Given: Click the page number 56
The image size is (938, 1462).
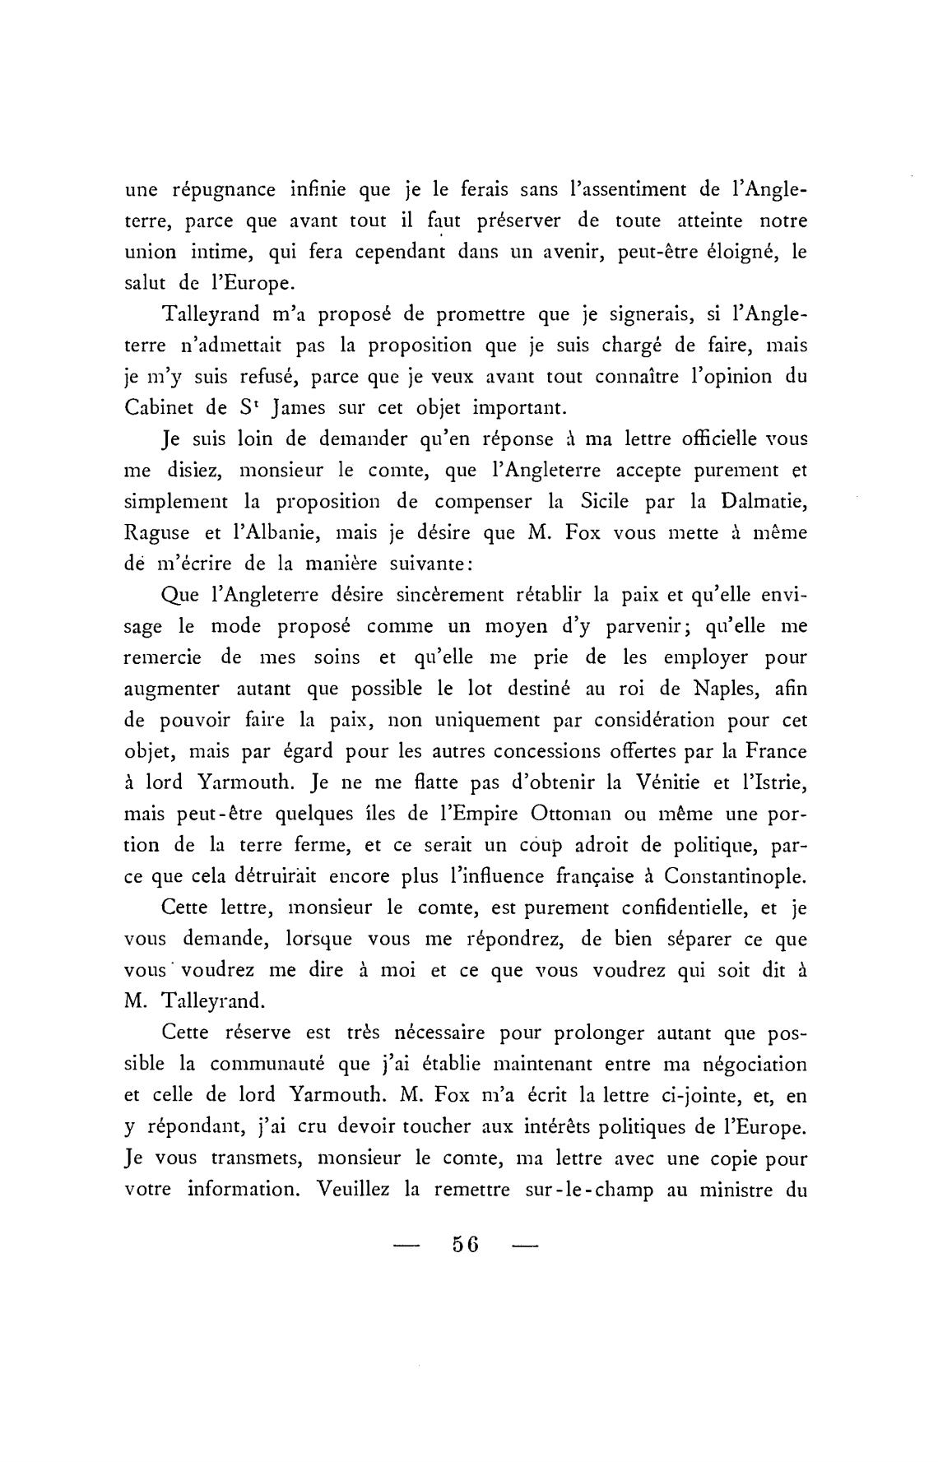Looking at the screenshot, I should tap(466, 1243).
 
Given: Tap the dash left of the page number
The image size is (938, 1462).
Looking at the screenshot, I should tap(406, 1245).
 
